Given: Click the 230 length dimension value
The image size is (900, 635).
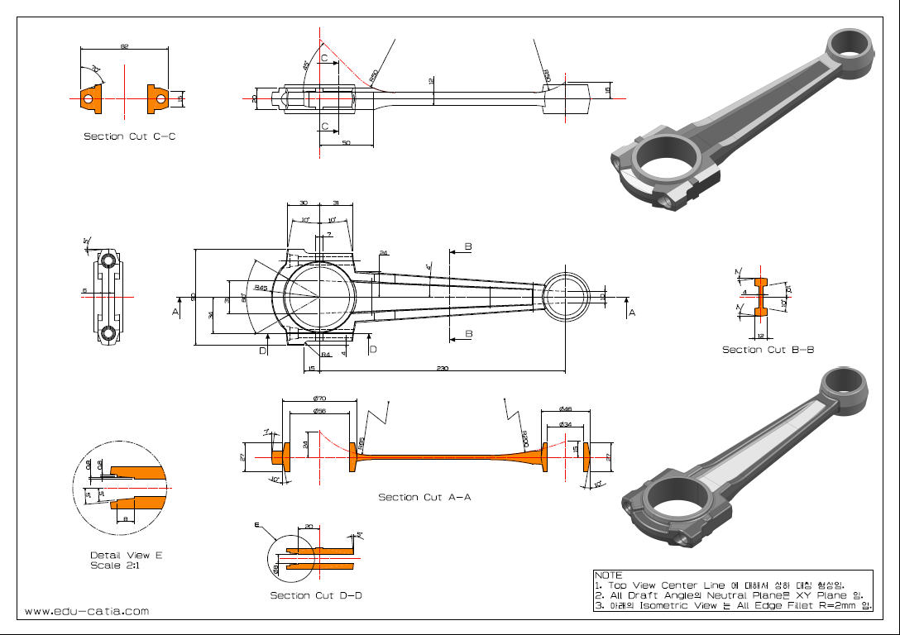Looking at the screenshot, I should [x=443, y=369].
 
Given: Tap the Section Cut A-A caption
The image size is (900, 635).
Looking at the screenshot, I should [x=424, y=497].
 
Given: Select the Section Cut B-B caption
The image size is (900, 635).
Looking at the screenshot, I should [x=768, y=350].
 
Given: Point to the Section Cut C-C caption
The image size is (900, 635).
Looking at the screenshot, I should [x=129, y=136].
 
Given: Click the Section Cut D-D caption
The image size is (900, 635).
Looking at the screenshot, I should [x=316, y=595].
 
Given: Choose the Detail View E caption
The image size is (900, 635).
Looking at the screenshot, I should [x=126, y=555].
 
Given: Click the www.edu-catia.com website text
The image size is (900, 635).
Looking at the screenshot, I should [x=87, y=611].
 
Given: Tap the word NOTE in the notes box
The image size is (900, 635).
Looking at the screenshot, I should [x=608, y=575].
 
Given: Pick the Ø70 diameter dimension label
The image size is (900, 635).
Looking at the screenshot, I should [x=319, y=399].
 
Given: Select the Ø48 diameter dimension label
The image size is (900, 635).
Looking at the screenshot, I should [x=566, y=409].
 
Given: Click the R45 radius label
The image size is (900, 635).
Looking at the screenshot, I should [x=261, y=288].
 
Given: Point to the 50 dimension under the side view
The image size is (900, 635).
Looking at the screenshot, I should [x=346, y=143].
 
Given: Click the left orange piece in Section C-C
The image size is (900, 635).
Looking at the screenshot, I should [x=89, y=98].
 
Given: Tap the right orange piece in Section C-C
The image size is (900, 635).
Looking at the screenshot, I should [x=157, y=98].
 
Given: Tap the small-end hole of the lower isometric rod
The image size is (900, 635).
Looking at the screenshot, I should [x=843, y=381].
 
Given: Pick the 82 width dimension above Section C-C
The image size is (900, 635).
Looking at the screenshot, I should [x=124, y=47].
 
